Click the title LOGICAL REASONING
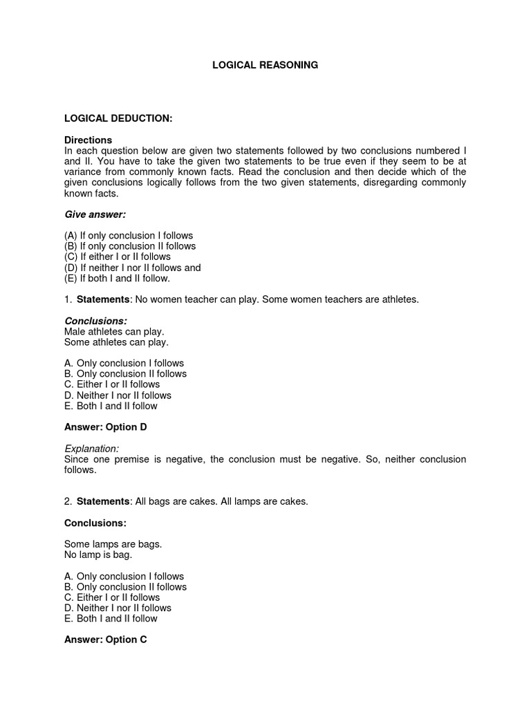[x=265, y=65]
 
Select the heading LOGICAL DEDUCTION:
[x=118, y=119]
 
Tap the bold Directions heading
[x=88, y=140]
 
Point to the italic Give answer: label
[x=95, y=215]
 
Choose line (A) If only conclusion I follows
[x=128, y=236]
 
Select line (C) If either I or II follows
[x=117, y=257]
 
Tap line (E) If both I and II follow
[x=117, y=279]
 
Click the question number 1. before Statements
[x=68, y=299]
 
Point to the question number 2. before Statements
[x=68, y=502]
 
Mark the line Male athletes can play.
[x=114, y=332]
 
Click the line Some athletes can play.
[x=116, y=342]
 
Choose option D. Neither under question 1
[x=118, y=395]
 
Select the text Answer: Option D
[x=105, y=427]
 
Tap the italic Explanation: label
[x=91, y=449]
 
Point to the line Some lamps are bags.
[x=113, y=544]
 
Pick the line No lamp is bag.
[x=97, y=555]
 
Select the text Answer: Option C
[x=105, y=640]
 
